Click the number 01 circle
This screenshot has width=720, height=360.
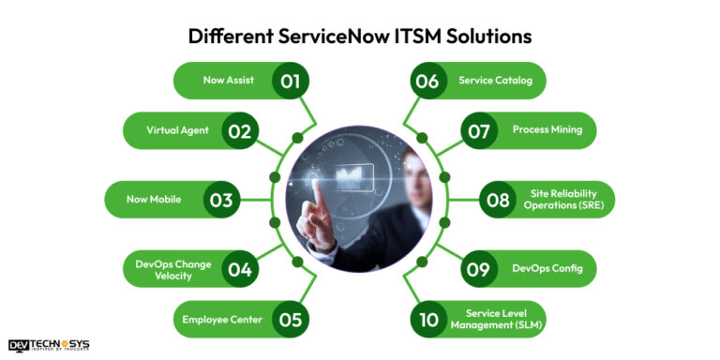[290, 81]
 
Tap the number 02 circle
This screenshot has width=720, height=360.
[239, 130]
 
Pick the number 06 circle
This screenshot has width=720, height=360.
[427, 81]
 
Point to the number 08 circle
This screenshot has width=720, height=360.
[496, 199]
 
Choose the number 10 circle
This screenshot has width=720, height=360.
[428, 319]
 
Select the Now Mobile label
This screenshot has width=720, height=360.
[154, 199]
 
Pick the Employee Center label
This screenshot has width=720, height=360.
[221, 319]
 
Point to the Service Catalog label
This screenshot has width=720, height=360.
[495, 81]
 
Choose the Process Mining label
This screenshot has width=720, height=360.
[547, 130]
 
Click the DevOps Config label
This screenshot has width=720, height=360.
[547, 269]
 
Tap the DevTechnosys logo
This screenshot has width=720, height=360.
[50, 346]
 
